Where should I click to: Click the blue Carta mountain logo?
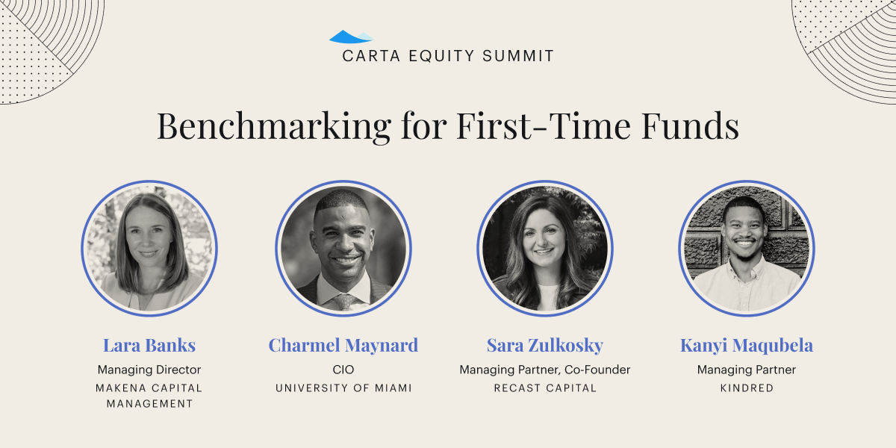[x=351, y=37]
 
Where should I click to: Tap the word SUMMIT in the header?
[x=518, y=56]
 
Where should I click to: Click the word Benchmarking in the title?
[x=274, y=127]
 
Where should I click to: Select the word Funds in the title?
[x=691, y=126]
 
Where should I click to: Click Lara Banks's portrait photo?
[x=149, y=249]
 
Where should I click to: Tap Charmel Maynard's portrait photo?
[x=343, y=249]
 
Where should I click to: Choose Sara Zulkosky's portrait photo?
[x=545, y=249]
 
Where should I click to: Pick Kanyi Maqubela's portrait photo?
[x=747, y=249]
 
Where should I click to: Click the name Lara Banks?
[x=149, y=345]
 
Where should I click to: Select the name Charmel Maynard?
[x=343, y=345]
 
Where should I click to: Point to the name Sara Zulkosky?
[x=545, y=345]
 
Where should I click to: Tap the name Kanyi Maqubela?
[x=747, y=345]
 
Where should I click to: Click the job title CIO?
[x=343, y=370]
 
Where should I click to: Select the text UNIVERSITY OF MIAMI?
[x=343, y=388]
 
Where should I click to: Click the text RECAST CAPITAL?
[x=545, y=388]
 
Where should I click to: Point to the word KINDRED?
[x=747, y=388]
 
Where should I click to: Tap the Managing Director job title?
[x=149, y=370]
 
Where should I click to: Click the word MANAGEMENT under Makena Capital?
[x=149, y=404]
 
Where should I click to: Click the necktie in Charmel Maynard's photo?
[x=343, y=302]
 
